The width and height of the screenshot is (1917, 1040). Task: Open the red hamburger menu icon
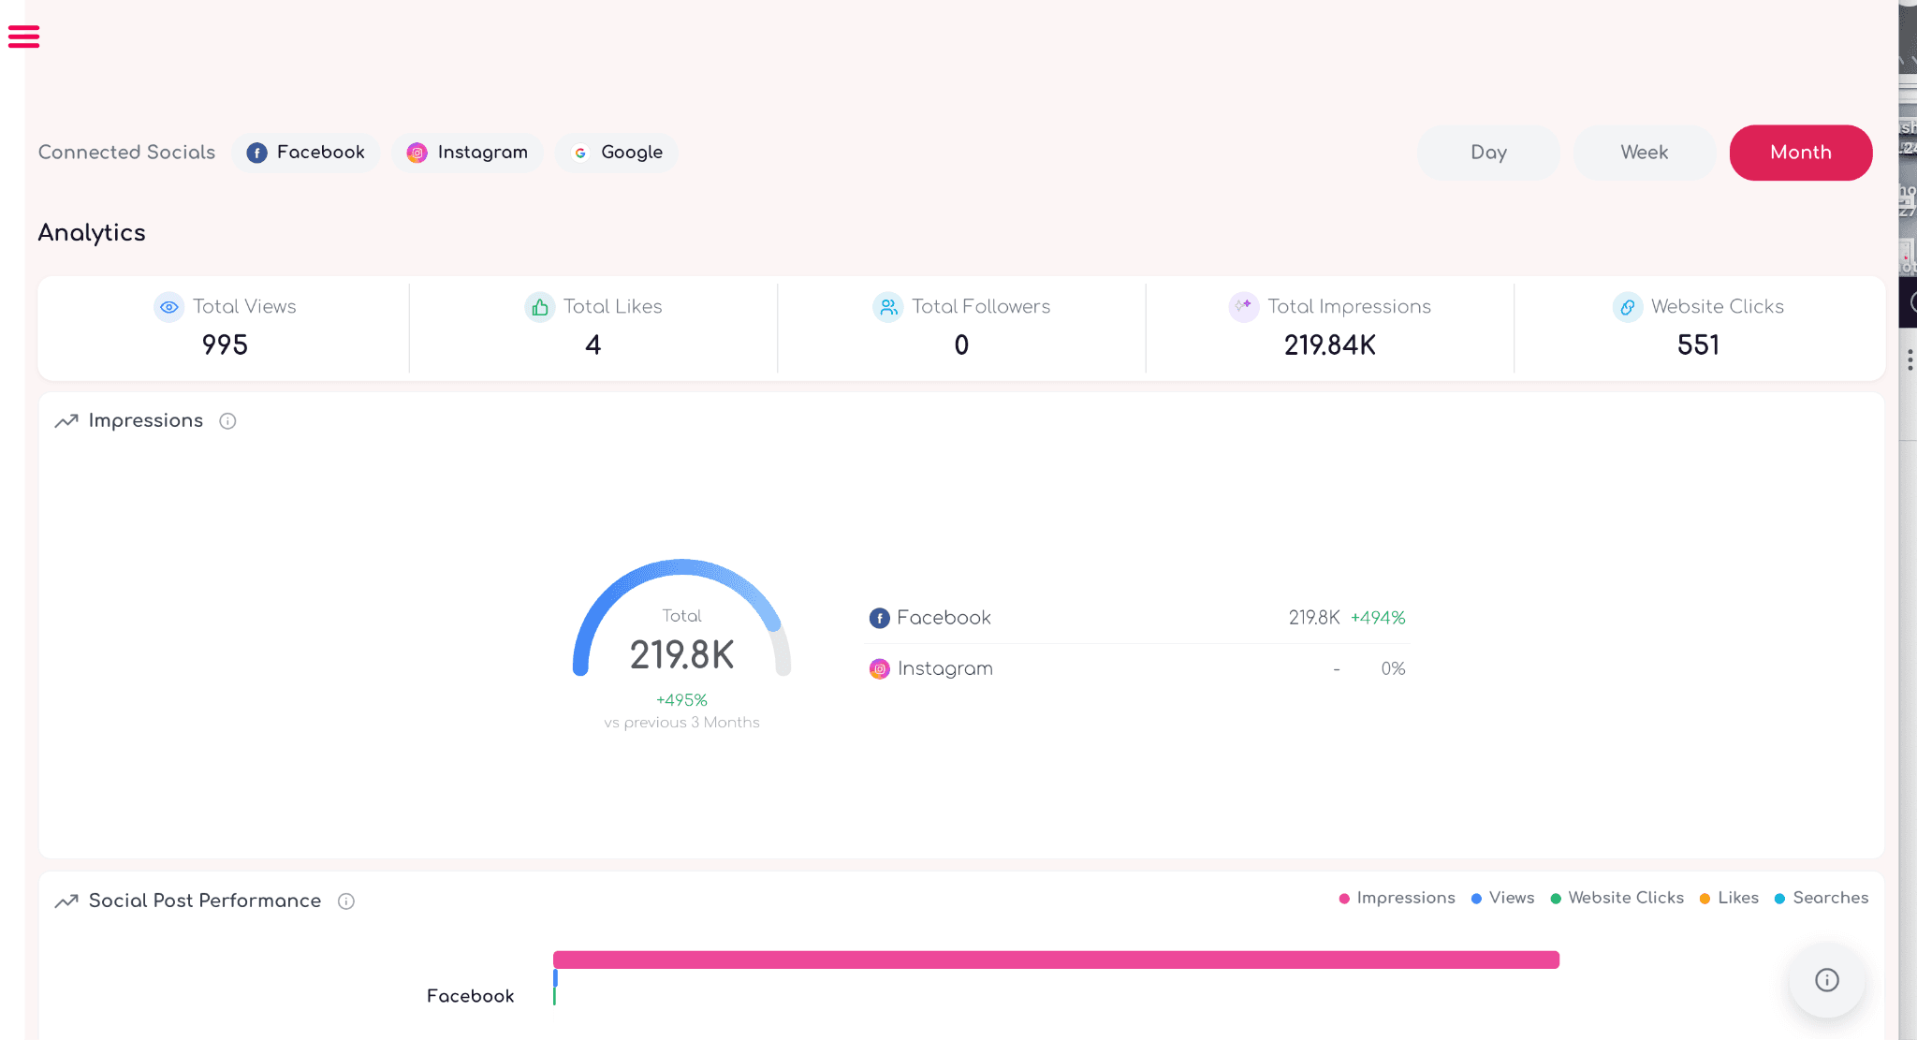click(23, 37)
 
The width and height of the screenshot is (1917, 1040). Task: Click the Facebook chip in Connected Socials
click(306, 153)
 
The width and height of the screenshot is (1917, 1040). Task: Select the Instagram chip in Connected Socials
click(467, 153)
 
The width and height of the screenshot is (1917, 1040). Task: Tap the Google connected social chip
click(617, 153)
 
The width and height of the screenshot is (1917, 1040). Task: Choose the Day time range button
click(1488, 153)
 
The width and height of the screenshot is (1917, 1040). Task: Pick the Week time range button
click(1645, 153)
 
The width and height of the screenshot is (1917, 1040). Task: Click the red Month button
click(1801, 153)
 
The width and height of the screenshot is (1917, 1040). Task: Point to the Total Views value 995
click(225, 345)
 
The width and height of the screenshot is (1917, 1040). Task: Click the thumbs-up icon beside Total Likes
click(540, 307)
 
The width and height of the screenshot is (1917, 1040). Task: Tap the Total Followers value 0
click(961, 345)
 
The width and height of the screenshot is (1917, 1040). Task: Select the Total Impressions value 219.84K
click(1330, 345)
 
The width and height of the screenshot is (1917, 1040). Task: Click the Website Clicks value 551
click(1698, 345)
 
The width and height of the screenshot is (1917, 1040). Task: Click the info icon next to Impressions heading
click(227, 421)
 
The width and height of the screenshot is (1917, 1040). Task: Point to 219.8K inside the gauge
click(681, 655)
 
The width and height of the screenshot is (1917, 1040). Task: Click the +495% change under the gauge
click(681, 700)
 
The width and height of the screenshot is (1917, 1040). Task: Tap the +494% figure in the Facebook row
click(1378, 618)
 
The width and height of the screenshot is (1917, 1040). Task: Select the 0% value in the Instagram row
click(1393, 668)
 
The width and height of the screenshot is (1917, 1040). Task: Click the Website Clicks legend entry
click(1617, 898)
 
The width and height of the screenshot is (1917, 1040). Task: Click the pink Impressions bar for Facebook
click(1056, 959)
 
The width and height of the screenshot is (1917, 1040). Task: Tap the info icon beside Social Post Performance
click(346, 901)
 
